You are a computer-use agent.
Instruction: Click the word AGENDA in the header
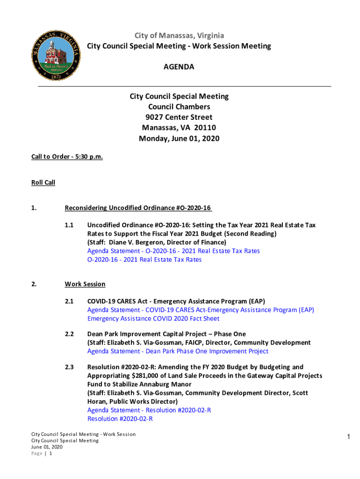179,67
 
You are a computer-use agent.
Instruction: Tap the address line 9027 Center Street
179,117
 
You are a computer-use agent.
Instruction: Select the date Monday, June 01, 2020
179,138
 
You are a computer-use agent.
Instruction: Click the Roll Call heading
43,182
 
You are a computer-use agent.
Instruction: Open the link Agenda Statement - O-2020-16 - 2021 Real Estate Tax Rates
173,251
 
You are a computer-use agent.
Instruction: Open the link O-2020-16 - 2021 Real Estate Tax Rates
144,260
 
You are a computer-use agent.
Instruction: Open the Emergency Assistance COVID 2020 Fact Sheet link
153,319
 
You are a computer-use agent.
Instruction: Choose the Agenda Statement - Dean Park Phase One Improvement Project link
178,351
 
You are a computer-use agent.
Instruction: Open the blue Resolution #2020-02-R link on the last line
120,419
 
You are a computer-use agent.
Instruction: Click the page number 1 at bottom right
348,437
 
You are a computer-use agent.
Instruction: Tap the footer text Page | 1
41,453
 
